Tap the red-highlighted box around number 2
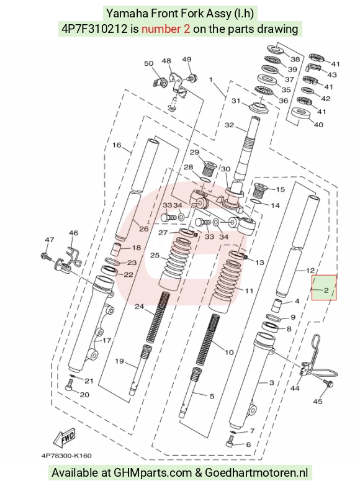click(324, 287)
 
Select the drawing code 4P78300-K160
click(66, 456)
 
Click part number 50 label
click(149, 63)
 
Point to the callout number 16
click(117, 145)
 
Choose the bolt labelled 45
click(328, 383)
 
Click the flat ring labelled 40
click(301, 114)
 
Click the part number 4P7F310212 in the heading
click(94, 29)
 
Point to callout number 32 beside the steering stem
click(229, 125)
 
